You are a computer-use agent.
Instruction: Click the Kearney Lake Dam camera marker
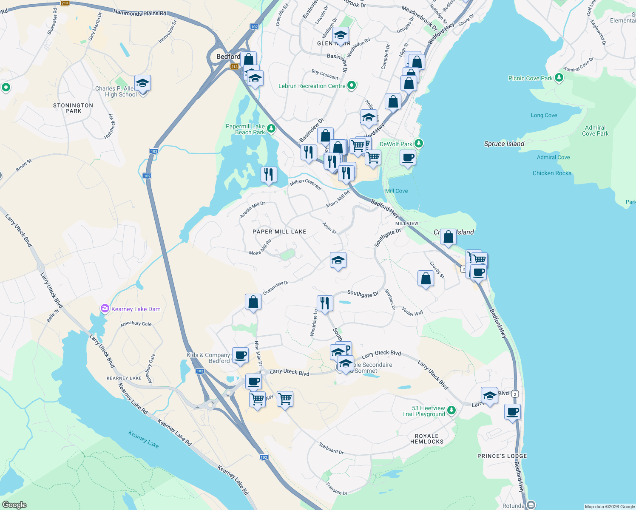point(105,309)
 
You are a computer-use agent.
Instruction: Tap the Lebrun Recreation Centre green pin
point(352,85)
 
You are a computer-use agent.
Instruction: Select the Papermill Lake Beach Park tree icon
point(271,128)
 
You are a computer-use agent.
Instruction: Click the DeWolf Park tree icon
point(419,143)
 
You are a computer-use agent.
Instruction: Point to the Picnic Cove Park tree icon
point(559,77)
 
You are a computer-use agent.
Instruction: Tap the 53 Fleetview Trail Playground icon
point(451,410)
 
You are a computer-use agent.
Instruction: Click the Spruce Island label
point(504,144)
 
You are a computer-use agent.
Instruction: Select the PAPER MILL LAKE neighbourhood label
point(279,232)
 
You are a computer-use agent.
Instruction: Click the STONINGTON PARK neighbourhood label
point(73,108)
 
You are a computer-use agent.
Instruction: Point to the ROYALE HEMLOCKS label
point(427,439)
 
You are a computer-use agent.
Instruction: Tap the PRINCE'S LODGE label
point(502,456)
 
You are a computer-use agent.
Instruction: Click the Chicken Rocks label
point(552,173)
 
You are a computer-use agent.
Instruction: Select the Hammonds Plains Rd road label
point(139,13)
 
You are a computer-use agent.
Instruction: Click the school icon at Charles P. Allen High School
point(142,83)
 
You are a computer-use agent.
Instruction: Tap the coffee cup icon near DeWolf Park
point(408,158)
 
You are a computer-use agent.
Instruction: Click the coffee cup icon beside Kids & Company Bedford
point(240,355)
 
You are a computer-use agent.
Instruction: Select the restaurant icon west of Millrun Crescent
point(269,174)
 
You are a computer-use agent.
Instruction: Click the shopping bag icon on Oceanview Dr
point(253,302)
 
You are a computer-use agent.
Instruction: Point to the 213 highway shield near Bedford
point(234,67)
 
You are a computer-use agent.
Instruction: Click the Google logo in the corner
point(14,504)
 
